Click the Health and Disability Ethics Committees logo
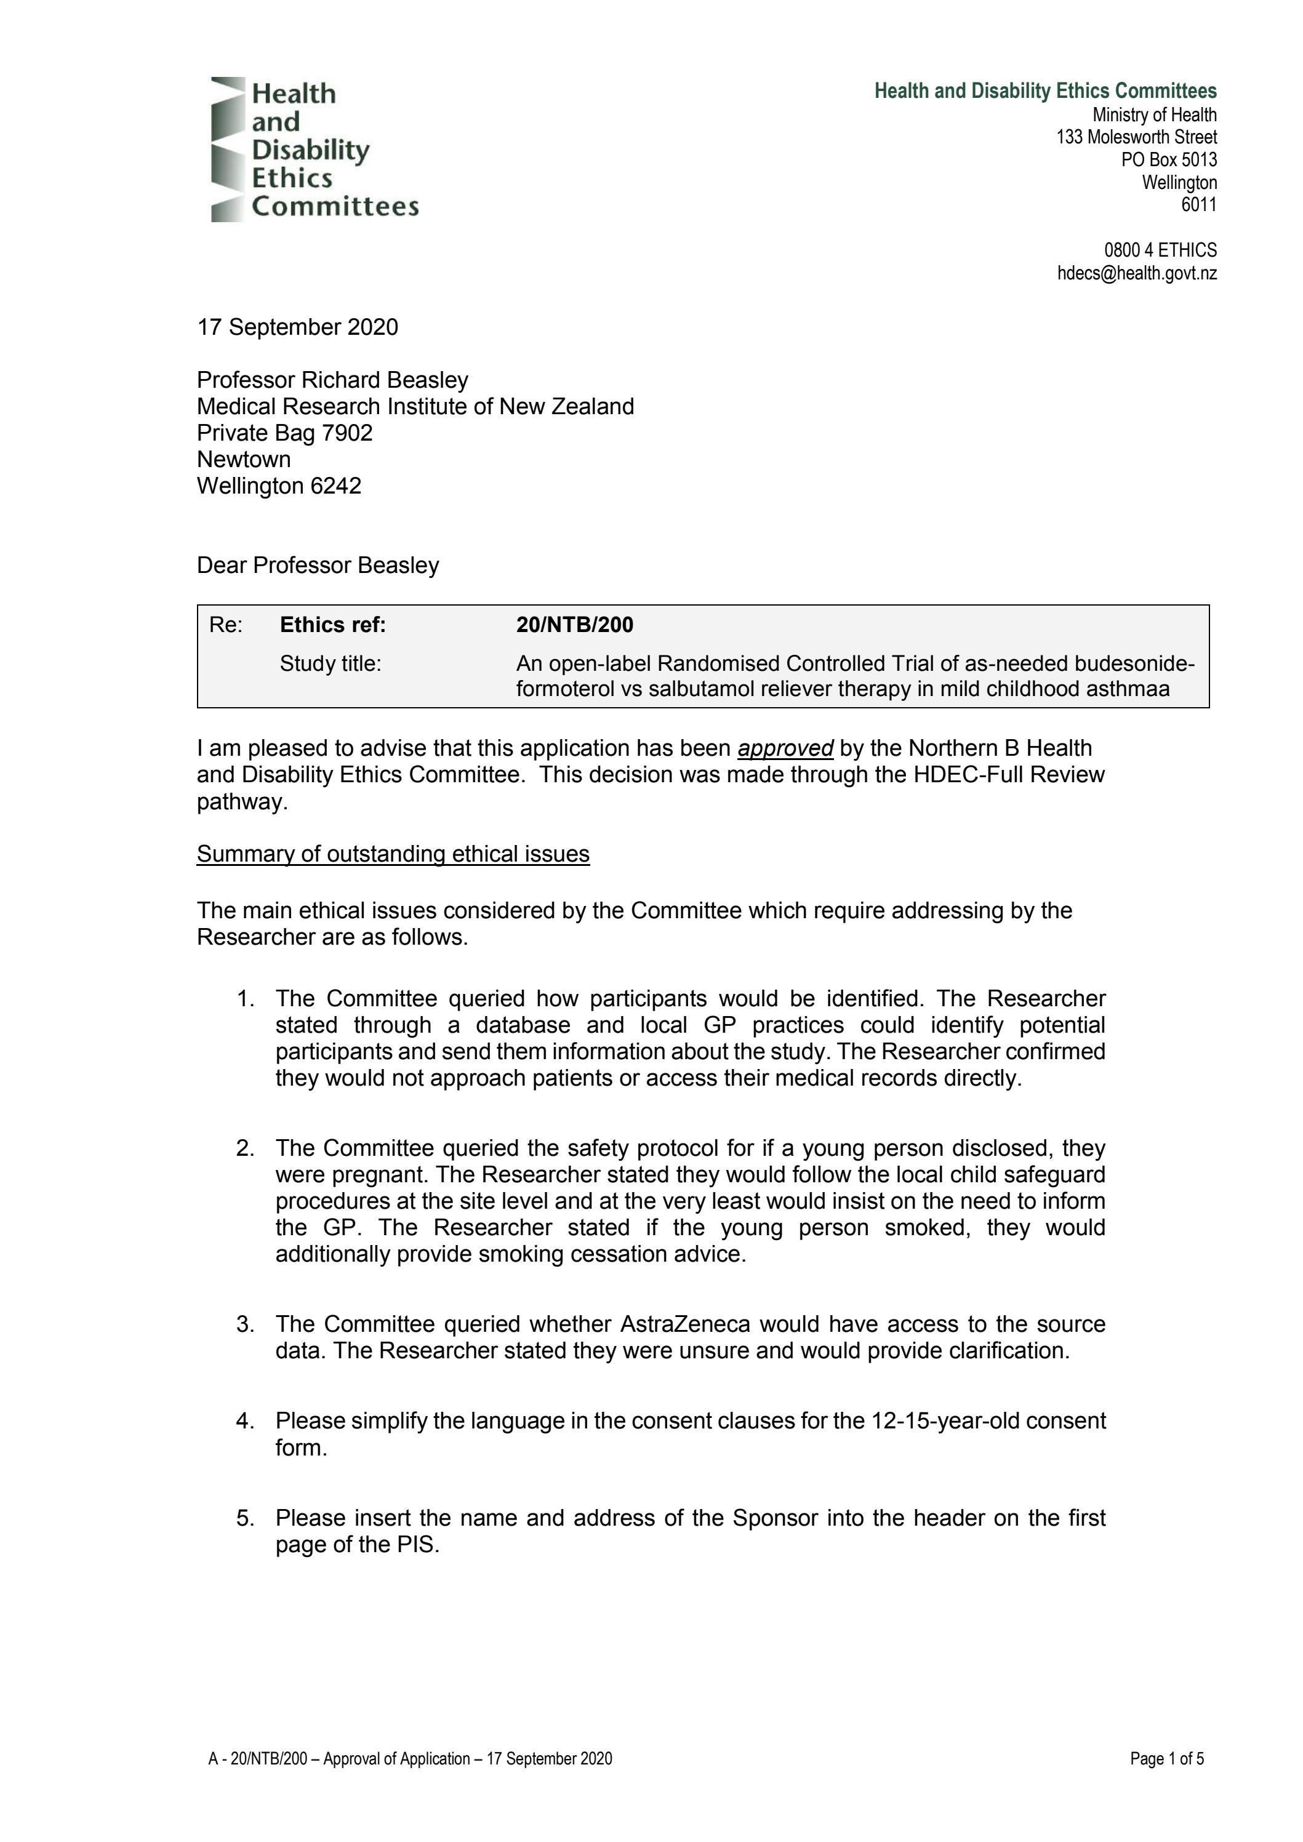click(314, 149)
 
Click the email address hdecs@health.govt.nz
click(1136, 274)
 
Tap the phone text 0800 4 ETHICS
click(1160, 250)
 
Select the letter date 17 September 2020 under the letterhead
click(298, 327)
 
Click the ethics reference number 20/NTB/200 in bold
click(574, 625)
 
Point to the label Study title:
click(330, 663)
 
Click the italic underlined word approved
click(785, 748)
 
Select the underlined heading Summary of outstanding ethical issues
click(393, 854)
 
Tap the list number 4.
click(245, 1421)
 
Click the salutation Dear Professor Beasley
click(318, 566)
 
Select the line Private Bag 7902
click(285, 433)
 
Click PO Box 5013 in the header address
click(1169, 159)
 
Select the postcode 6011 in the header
click(1199, 206)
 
